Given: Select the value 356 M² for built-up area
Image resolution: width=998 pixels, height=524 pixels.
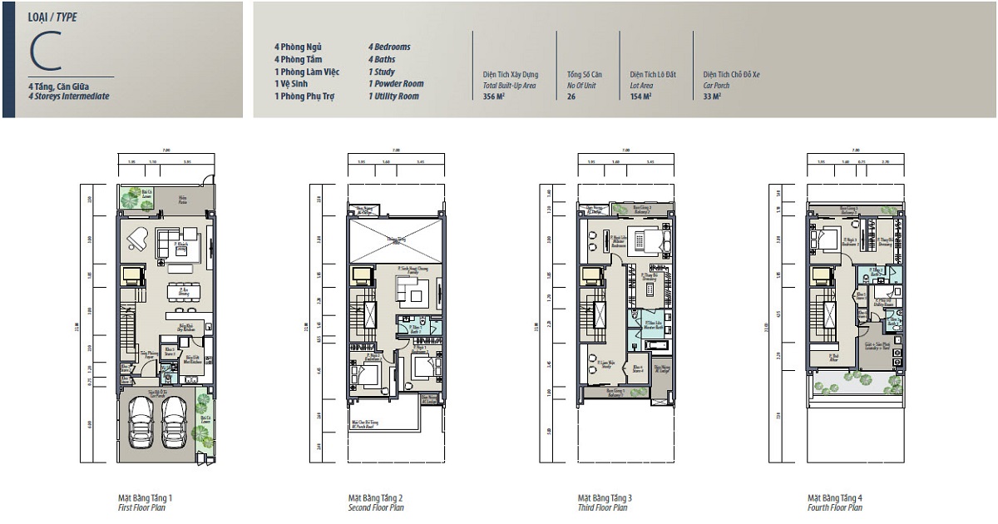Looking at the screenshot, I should coord(494,96).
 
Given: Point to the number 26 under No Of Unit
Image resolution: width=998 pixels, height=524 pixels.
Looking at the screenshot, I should coord(571,96).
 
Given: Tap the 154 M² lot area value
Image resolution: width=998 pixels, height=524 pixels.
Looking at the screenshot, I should coord(640,96).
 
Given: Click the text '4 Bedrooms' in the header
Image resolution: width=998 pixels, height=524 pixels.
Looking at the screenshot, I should coord(389,47).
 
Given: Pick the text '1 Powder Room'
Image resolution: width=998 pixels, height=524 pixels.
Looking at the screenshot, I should coord(396,84).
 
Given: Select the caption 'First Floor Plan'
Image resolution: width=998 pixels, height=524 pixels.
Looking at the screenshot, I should coord(145,507).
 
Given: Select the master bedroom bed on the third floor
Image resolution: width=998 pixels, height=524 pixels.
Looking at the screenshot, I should coord(652,242).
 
